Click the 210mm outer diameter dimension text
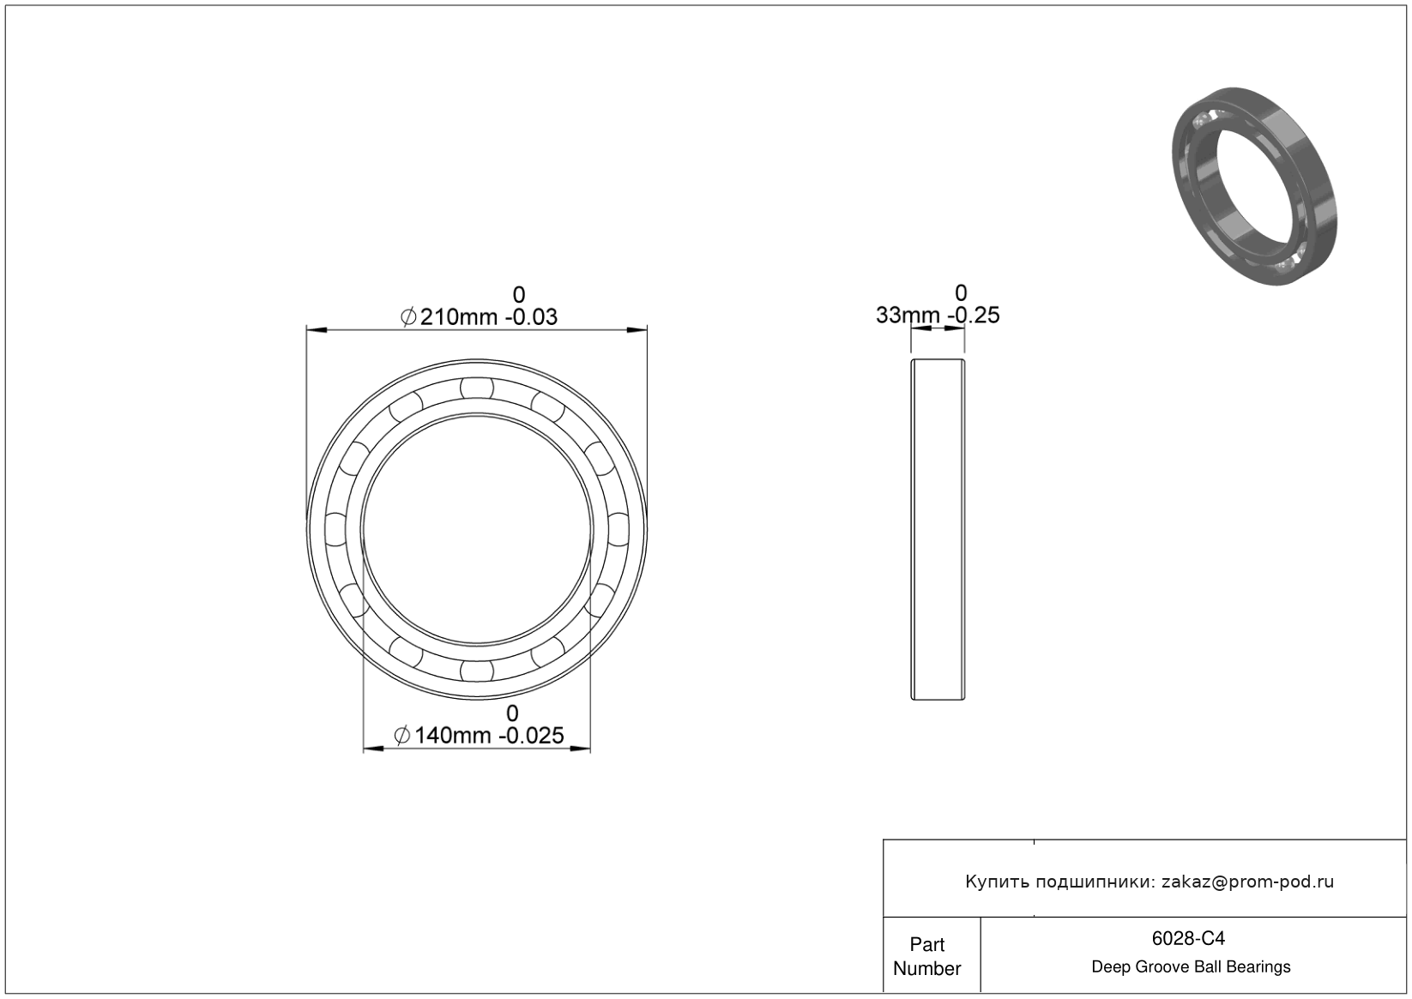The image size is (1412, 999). pyautogui.click(x=459, y=317)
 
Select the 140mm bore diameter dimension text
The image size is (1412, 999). pyautogui.click(x=452, y=736)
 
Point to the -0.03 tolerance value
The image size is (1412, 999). pyautogui.click(x=531, y=317)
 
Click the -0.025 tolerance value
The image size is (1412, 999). pyautogui.click(x=531, y=736)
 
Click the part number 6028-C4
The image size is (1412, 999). pyautogui.click(x=1188, y=938)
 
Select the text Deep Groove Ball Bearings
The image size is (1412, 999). pyautogui.click(x=1191, y=967)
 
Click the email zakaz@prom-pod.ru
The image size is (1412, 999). pyautogui.click(x=1247, y=882)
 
